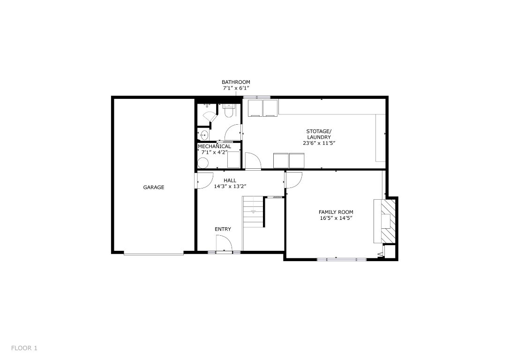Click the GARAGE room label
click(x=154, y=187)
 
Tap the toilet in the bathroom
click(x=228, y=111)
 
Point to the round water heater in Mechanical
click(x=203, y=163)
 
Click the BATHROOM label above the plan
click(x=236, y=82)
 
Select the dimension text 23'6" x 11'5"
click(x=319, y=143)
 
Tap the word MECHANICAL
click(x=214, y=146)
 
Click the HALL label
click(x=230, y=180)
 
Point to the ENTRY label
click(x=223, y=229)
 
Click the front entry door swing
click(x=224, y=244)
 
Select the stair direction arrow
click(x=254, y=212)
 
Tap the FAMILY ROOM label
click(x=336, y=212)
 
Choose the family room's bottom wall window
click(x=342, y=259)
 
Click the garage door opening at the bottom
click(x=154, y=254)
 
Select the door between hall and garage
click(x=202, y=181)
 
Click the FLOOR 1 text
click(x=24, y=348)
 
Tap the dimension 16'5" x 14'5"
click(x=336, y=218)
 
